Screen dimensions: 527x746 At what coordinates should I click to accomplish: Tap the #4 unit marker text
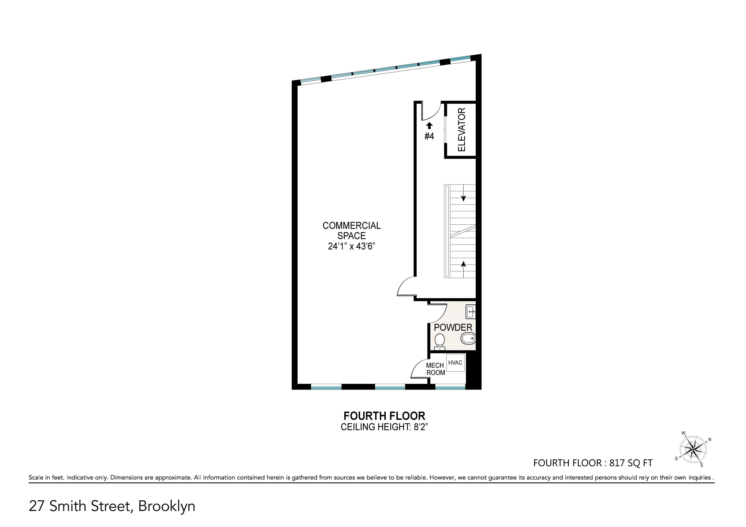(429, 136)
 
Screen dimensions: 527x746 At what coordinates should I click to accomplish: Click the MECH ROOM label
(435, 369)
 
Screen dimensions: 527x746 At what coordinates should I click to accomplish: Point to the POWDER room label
(453, 327)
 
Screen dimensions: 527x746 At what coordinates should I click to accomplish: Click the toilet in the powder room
(440, 341)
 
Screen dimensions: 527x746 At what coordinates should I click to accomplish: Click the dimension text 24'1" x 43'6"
(352, 246)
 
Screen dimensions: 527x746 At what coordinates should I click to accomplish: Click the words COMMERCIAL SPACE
(352, 230)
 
